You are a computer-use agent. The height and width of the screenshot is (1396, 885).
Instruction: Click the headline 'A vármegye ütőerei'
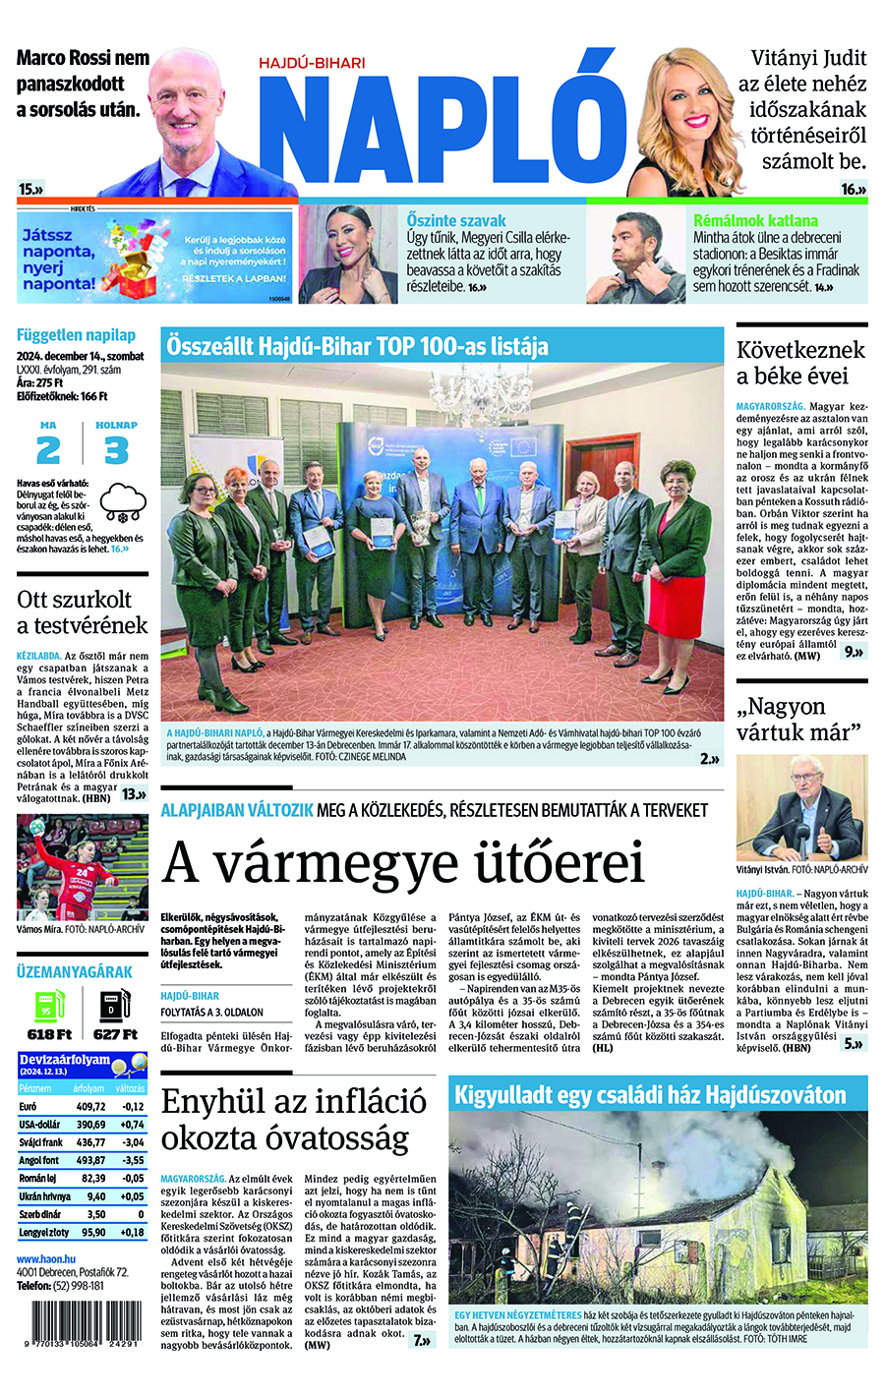pos(403,862)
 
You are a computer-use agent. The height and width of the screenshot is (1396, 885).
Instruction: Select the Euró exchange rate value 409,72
pos(91,1107)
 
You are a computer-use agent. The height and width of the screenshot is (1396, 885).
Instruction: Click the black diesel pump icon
pos(114,1005)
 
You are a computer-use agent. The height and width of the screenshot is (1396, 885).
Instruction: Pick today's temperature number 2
pos(48,450)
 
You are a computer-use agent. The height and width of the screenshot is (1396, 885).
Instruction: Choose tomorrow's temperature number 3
pos(116,450)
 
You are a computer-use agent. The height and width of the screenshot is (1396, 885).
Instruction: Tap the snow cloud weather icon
pos(123,502)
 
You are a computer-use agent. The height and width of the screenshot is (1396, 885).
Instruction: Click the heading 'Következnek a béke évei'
pos(800,363)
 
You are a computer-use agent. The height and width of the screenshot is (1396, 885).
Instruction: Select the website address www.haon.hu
pos(46,1258)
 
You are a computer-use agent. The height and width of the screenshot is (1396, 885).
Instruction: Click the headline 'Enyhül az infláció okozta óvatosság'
pos(294,1119)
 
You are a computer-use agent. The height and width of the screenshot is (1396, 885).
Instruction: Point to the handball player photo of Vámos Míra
pos(82,867)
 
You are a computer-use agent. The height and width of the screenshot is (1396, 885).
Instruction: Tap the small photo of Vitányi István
pos(801,807)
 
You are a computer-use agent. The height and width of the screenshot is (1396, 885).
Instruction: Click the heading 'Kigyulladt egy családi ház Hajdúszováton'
pos(650,1094)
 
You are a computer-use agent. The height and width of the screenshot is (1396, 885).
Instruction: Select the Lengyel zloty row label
pos(44,1232)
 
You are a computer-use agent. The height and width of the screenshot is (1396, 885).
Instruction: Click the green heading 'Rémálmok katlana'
pos(755,221)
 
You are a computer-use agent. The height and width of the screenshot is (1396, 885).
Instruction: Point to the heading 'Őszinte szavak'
pos(456,220)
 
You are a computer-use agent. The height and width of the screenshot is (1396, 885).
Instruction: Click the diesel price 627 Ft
pos(115,1034)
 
